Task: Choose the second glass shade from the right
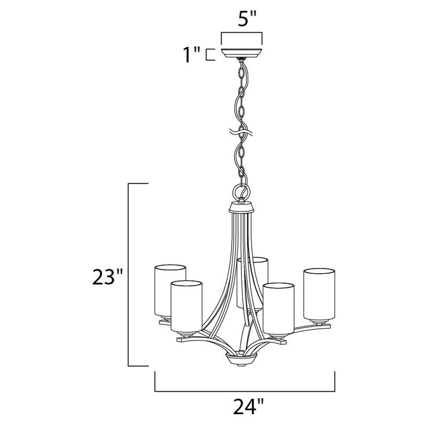(x=278, y=308)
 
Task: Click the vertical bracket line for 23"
(x=130, y=274)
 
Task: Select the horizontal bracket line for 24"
(x=244, y=390)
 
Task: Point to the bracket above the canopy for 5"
(x=242, y=34)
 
